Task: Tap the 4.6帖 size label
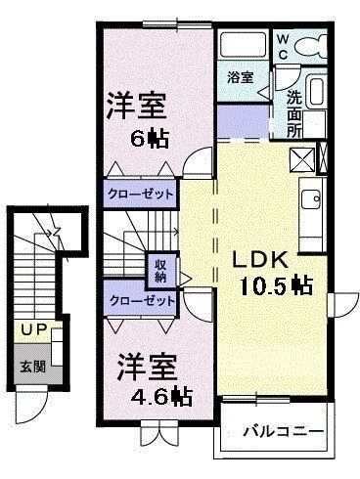point(156,398)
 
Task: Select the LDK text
point(259,260)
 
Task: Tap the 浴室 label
point(241,75)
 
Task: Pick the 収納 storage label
point(159,270)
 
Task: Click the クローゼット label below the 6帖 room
point(141,194)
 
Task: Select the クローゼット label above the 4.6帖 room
point(141,301)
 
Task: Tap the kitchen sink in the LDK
point(312,199)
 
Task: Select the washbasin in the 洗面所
point(314,94)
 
